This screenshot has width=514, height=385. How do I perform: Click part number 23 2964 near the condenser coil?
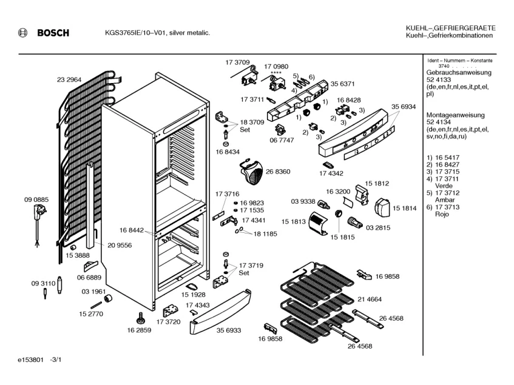[x=69, y=80]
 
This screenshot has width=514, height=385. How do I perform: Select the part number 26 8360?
[x=277, y=172]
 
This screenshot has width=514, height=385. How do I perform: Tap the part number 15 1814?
[x=404, y=209]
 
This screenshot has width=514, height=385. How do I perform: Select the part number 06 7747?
[x=282, y=139]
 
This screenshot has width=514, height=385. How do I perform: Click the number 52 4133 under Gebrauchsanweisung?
[x=438, y=80]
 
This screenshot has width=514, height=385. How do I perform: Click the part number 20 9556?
[x=120, y=246]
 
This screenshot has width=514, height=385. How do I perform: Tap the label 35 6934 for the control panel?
[x=403, y=107]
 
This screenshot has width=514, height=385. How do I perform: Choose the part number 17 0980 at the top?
[x=276, y=66]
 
